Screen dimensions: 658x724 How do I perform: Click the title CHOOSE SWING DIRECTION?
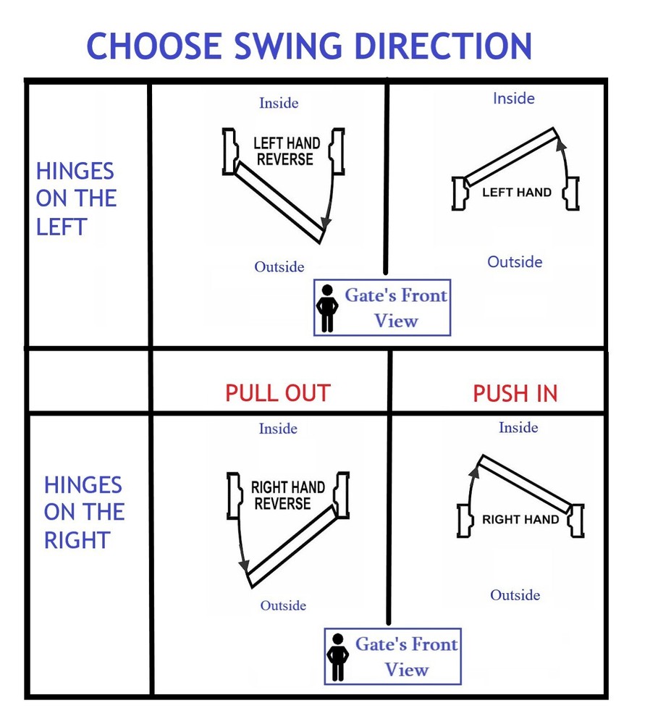pos(309,46)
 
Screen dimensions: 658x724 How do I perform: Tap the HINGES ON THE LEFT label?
pos(76,198)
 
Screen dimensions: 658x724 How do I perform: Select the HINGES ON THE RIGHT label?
pos(84,512)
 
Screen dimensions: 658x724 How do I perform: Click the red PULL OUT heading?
pos(278,393)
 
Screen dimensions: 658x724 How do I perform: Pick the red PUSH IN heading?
pos(515,394)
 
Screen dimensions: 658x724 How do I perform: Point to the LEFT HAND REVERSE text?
pos(286,151)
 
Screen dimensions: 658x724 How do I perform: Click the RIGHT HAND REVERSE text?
pos(287,495)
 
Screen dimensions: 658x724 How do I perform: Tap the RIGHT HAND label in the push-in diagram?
pos(520,519)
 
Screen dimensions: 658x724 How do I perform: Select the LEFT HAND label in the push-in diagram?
pos(517,192)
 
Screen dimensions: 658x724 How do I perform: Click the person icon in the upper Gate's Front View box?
pos(327,308)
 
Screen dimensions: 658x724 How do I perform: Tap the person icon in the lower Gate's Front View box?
pos(337,657)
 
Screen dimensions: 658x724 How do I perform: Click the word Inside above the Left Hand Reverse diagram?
pos(279,103)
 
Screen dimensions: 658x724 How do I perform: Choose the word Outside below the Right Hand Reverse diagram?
pos(283,605)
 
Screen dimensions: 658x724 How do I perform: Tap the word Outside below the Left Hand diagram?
pos(515,262)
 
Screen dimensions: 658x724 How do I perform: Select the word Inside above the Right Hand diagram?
pos(518,427)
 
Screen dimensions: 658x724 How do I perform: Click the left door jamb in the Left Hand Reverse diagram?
pos(229,151)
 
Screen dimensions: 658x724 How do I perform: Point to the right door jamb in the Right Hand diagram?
pos(577,521)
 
